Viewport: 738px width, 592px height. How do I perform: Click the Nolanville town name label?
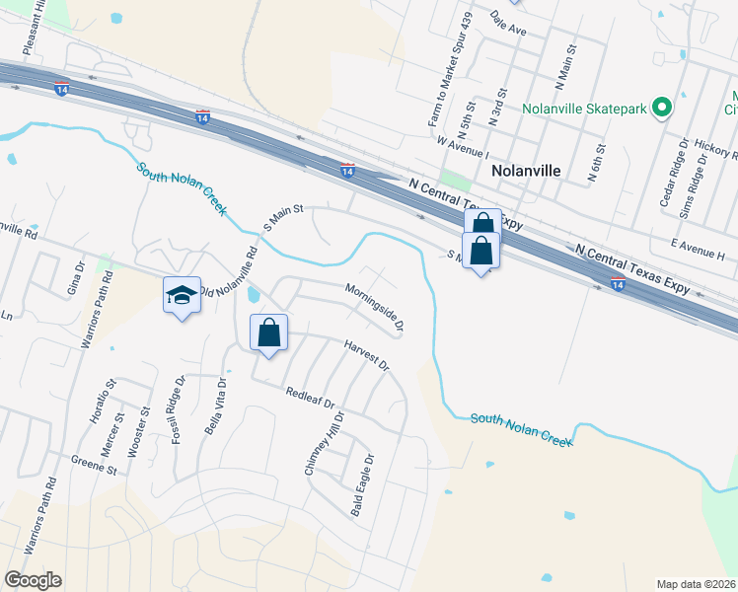(526, 170)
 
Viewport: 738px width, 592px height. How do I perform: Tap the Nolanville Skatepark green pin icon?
(663, 108)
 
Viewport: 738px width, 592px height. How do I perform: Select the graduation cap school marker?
(182, 294)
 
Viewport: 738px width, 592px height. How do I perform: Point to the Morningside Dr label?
(375, 306)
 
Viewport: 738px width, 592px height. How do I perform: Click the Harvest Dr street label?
(367, 356)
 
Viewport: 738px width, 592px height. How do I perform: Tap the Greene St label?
(94, 460)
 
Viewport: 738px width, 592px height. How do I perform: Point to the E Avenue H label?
(697, 249)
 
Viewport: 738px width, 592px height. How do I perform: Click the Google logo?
(33, 580)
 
